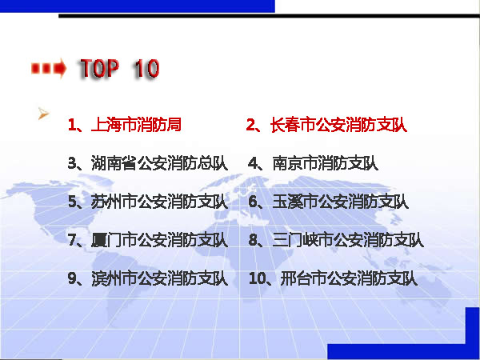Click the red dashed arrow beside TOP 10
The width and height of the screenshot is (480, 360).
click(49, 68)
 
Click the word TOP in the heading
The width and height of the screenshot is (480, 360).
click(99, 68)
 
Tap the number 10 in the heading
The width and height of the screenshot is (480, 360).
click(146, 68)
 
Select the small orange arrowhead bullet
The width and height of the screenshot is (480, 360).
click(43, 114)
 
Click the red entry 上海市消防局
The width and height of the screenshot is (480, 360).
click(136, 125)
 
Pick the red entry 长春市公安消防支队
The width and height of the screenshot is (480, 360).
click(339, 125)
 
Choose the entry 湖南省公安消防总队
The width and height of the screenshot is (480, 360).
click(159, 163)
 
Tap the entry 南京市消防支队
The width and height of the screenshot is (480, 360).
click(326, 163)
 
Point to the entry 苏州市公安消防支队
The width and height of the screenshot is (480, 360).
click(159, 202)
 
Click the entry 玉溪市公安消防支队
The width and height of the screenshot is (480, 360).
click(341, 202)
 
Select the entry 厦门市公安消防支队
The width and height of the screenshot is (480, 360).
click(159, 240)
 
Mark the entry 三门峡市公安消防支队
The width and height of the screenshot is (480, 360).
click(348, 240)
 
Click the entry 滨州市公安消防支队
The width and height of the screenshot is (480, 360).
click(159, 279)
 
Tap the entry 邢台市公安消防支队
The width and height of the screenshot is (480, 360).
click(349, 279)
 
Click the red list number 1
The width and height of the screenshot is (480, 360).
click(72, 125)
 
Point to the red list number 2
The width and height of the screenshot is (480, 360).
click(250, 125)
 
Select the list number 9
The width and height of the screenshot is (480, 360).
click(72, 279)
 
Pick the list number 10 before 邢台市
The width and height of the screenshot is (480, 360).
click(257, 279)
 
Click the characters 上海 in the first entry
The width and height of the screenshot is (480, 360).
click(106, 125)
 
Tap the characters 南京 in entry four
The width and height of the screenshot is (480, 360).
click(287, 163)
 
